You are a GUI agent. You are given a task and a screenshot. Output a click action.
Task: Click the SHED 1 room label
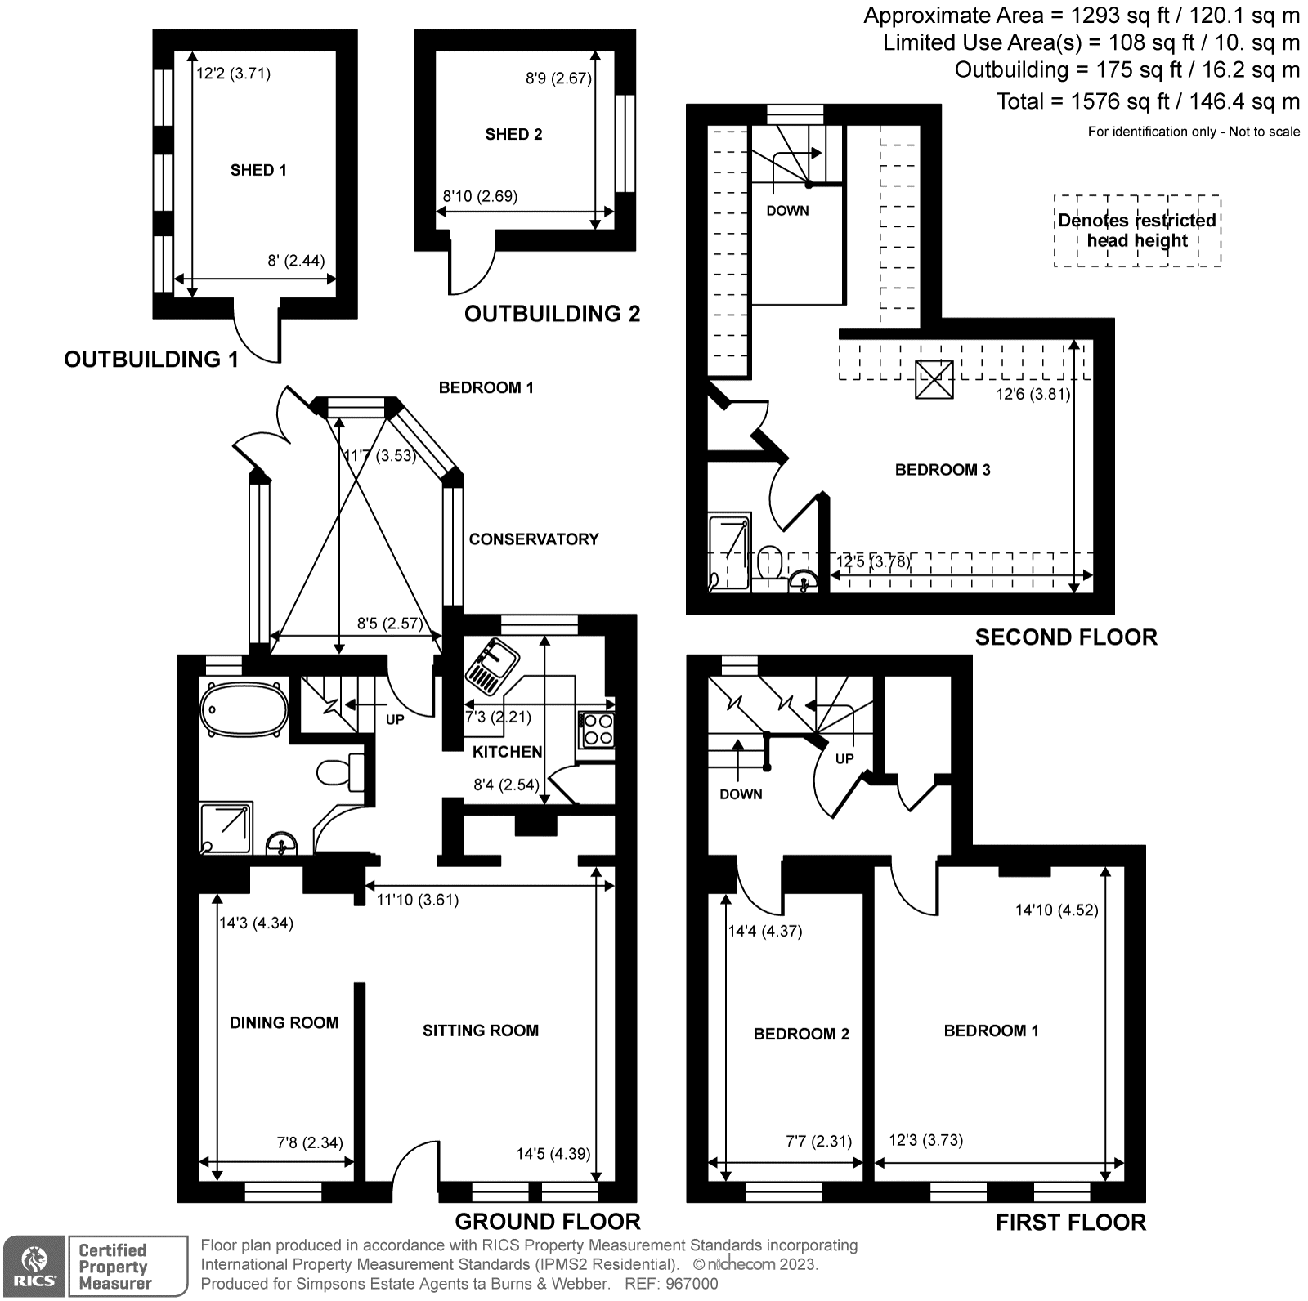[258, 170]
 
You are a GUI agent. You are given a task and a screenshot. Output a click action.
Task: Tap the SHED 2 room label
[513, 134]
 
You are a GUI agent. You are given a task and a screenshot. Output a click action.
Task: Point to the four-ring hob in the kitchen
[596, 730]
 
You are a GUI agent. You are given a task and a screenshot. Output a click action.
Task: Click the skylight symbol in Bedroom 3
[934, 379]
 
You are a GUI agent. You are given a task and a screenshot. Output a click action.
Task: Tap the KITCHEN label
[507, 752]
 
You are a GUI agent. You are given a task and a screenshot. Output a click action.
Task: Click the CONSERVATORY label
[534, 539]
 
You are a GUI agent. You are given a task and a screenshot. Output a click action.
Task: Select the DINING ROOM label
[284, 1022]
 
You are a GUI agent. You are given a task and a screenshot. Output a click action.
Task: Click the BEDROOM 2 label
[801, 1034]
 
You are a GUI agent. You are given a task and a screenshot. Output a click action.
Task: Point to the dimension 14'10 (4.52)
[1056, 910]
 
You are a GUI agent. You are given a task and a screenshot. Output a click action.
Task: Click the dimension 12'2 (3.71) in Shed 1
[233, 74]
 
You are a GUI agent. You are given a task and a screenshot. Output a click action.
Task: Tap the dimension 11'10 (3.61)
[417, 900]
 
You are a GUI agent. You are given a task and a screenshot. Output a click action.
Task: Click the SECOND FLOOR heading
[1065, 637]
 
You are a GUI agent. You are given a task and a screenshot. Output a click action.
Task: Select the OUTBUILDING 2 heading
[552, 314]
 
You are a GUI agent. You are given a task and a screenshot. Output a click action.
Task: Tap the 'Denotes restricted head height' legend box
[1136, 230]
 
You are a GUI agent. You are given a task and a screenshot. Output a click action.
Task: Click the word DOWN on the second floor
[787, 211]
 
